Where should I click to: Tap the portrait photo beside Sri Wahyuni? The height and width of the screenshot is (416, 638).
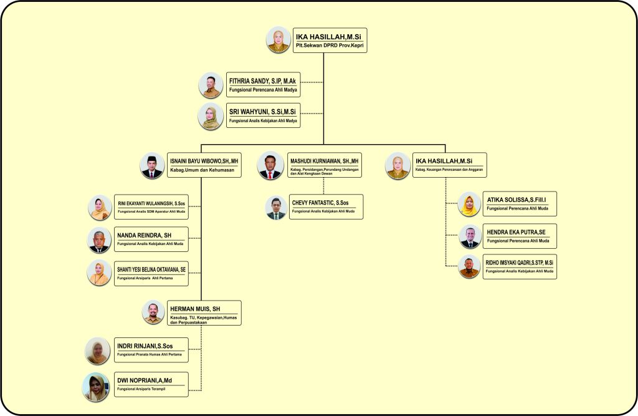click(x=211, y=115)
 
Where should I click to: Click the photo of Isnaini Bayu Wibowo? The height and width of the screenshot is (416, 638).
click(x=152, y=166)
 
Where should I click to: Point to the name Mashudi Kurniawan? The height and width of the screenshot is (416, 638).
click(x=325, y=160)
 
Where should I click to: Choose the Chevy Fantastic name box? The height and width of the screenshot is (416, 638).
click(x=325, y=206)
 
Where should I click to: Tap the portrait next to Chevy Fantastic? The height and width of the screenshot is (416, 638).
click(x=275, y=207)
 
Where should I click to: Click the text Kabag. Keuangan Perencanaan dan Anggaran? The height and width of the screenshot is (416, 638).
click(x=449, y=170)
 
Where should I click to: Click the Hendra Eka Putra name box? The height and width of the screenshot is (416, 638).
click(x=520, y=235)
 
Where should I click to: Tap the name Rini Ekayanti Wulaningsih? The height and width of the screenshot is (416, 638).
click(x=152, y=203)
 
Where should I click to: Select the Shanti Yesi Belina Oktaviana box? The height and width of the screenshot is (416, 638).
click(x=151, y=273)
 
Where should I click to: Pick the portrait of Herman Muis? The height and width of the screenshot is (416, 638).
click(x=153, y=312)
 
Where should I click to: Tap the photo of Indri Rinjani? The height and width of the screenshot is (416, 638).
click(x=98, y=351)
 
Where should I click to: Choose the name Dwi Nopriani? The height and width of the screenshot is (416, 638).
click(x=145, y=379)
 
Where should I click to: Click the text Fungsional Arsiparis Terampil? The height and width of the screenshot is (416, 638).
click(x=146, y=389)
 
